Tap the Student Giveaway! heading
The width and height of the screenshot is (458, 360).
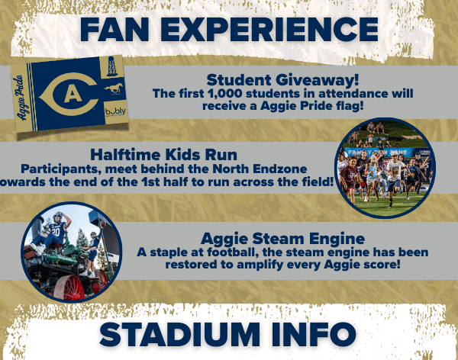(x=282, y=80)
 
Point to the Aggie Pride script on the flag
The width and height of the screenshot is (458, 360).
(x=21, y=98)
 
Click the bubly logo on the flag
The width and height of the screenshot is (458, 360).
(x=115, y=111)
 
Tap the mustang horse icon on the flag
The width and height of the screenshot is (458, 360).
(x=114, y=89)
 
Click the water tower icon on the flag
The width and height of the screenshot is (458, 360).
(x=112, y=67)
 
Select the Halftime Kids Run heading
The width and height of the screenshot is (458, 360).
(x=163, y=155)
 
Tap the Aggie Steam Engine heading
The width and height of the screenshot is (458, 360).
(x=282, y=239)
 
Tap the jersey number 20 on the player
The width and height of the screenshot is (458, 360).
(x=56, y=233)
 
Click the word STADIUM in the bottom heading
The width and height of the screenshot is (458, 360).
(x=179, y=335)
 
